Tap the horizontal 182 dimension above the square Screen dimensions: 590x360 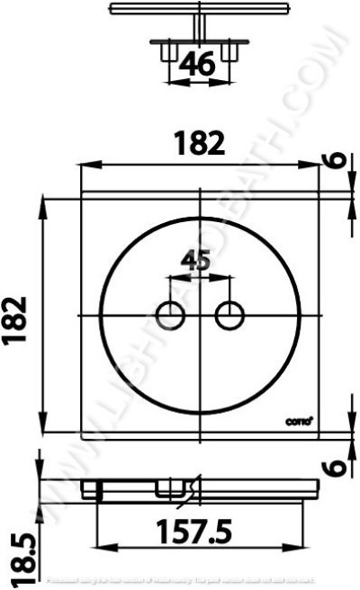point(200,145)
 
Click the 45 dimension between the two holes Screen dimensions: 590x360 point(197,261)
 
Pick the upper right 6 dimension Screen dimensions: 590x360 point(334,163)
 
